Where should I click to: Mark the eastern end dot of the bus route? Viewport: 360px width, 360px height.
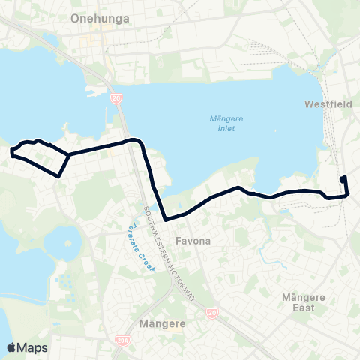tap(343, 178)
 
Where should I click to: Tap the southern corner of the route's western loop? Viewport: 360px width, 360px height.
tap(58, 176)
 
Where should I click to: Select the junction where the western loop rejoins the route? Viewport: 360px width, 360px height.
tap(69, 154)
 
